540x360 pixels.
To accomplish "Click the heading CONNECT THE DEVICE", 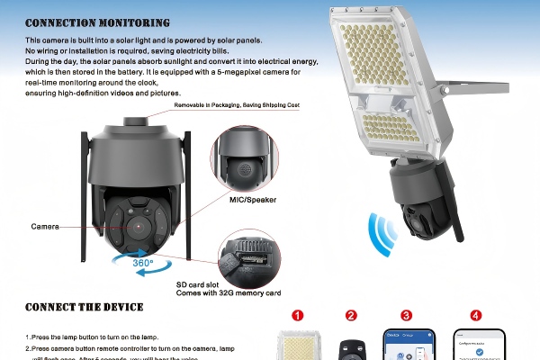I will (x=84, y=307).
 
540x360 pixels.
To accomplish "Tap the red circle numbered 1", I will (x=298, y=315).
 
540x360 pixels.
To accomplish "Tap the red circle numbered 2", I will (x=351, y=315).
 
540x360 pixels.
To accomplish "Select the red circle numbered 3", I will (x=407, y=315).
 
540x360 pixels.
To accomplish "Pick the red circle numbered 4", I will (x=475, y=315).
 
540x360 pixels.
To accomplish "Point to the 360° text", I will (x=143, y=263).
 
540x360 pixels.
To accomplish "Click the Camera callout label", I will (x=45, y=226).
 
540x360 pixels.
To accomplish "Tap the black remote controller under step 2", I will (x=351, y=347).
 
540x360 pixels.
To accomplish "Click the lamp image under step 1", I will (x=298, y=347).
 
